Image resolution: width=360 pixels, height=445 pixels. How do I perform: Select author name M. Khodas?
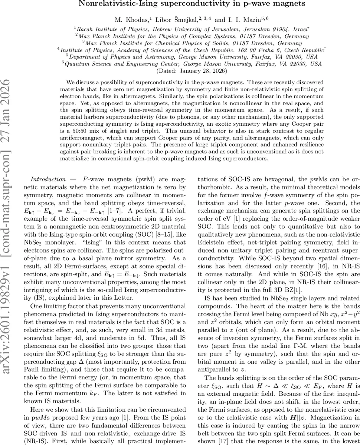(128, 19)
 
